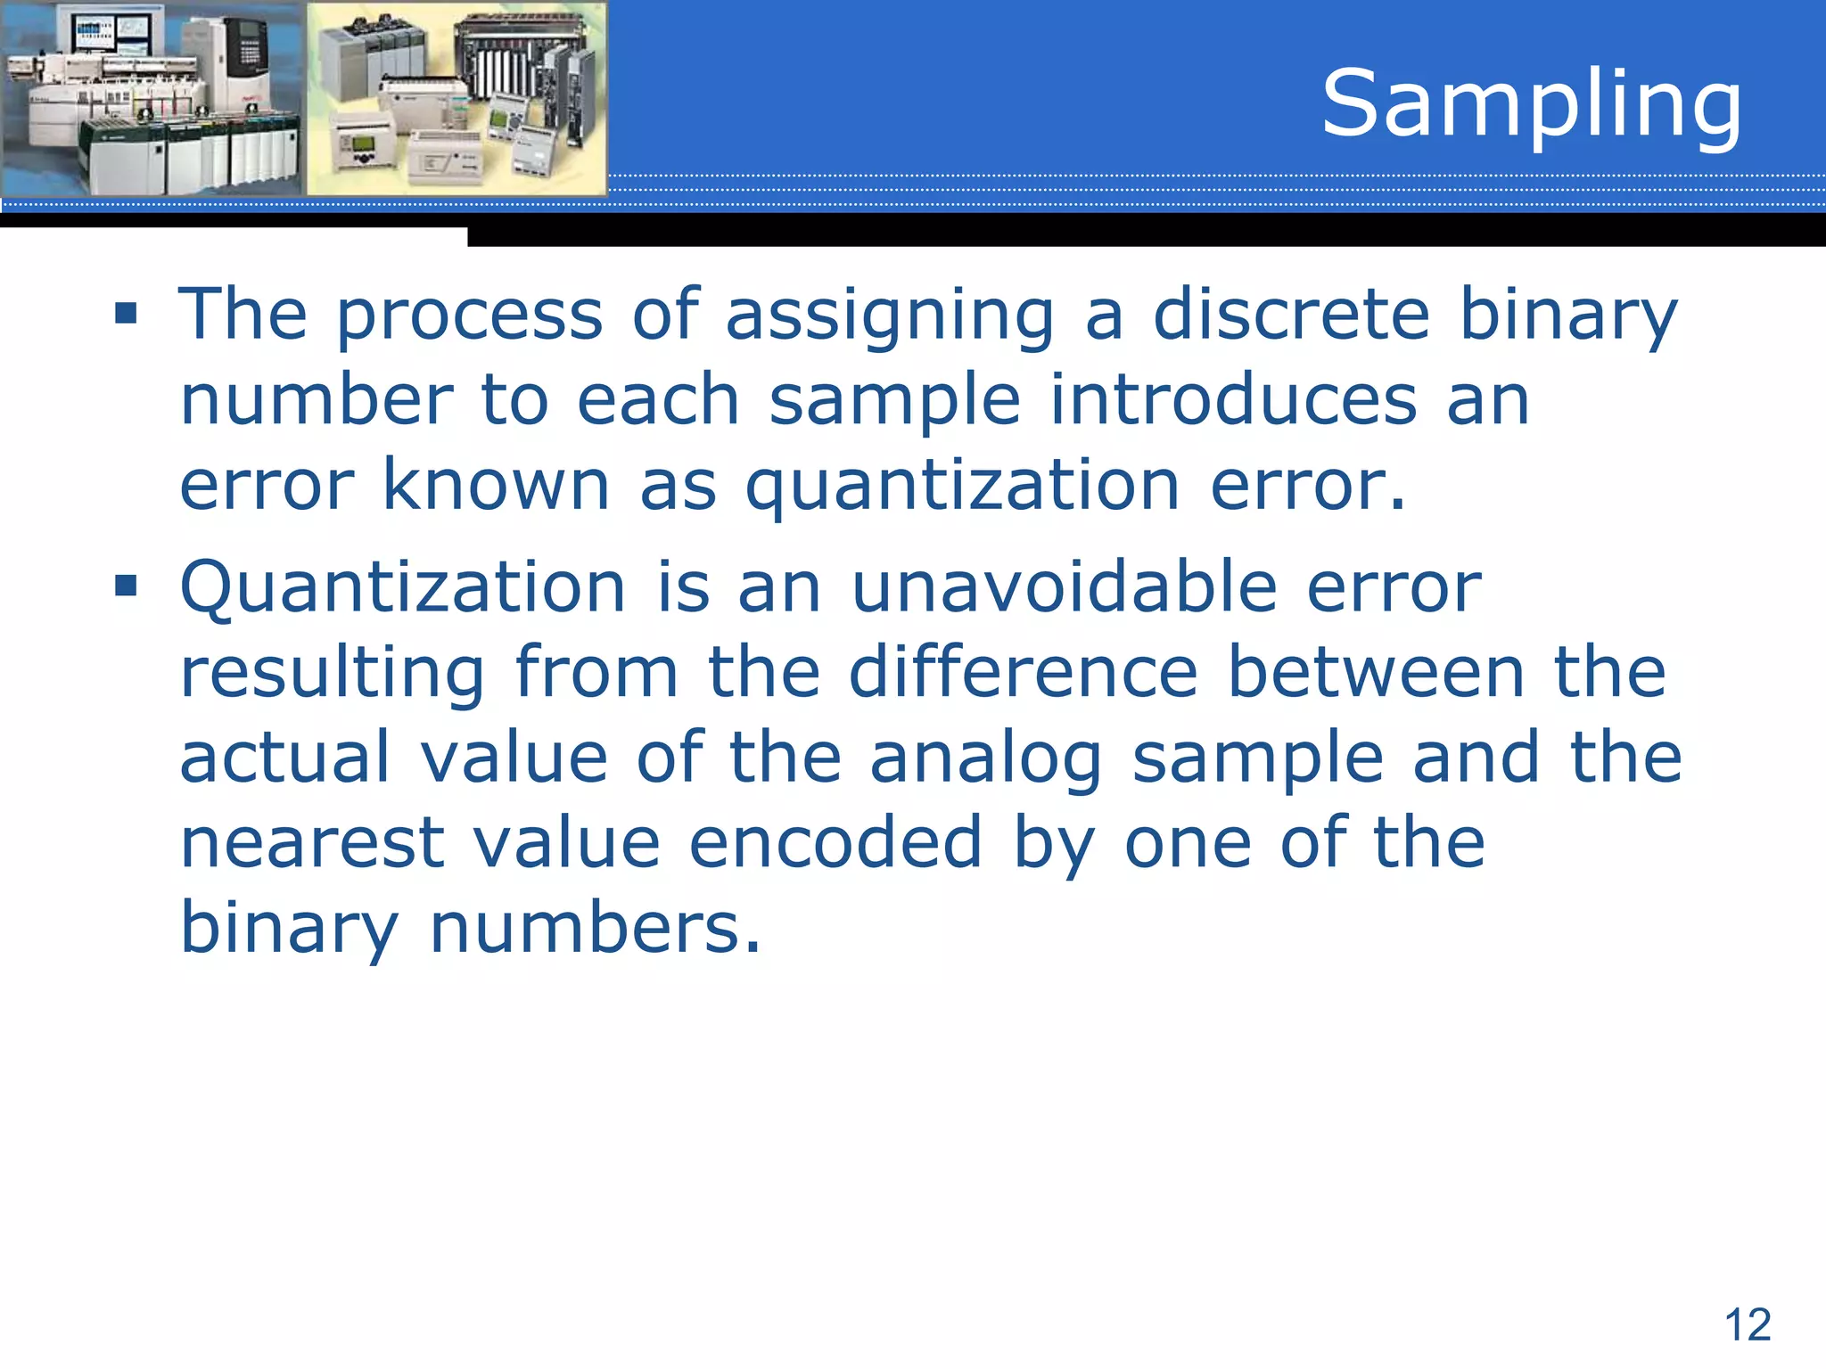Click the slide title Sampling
[1531, 105]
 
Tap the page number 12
[1748, 1324]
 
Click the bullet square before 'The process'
[127, 313]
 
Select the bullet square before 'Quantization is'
[127, 586]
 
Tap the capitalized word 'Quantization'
[403, 588]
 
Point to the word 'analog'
[985, 759]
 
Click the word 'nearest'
[312, 843]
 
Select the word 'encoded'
[835, 842]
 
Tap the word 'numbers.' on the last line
[596, 928]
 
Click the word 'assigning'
[890, 316]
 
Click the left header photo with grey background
[152, 98]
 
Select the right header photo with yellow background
[456, 98]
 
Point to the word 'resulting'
[332, 674]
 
